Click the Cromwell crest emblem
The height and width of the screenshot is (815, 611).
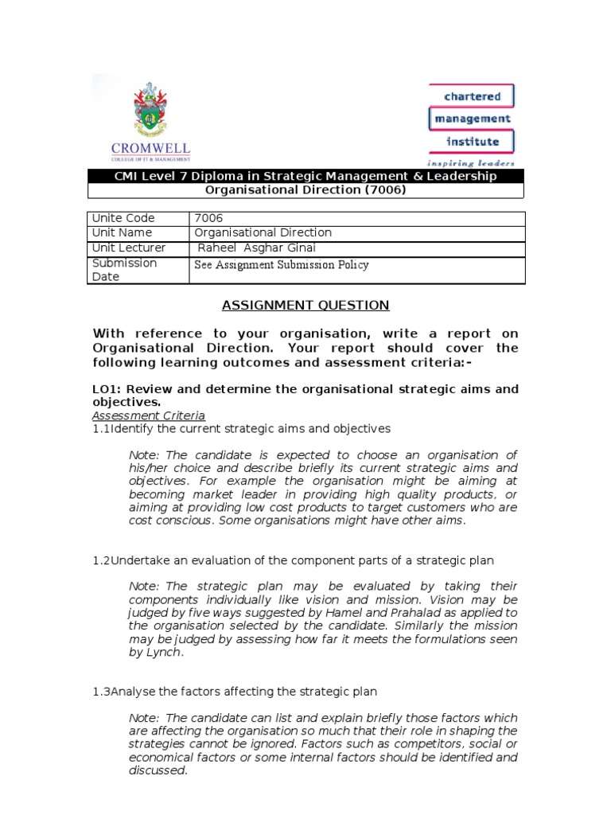150,111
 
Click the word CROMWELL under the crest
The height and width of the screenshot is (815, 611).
150,148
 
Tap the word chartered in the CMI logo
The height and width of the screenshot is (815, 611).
472,96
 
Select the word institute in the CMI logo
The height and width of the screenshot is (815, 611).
472,142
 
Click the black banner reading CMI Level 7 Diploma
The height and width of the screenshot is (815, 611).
305,176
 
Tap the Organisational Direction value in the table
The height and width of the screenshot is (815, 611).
263,232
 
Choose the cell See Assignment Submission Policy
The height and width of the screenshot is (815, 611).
282,265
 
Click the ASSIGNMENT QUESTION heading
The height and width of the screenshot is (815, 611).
305,305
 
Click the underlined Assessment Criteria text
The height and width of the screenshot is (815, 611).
149,415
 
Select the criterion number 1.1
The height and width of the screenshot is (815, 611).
101,429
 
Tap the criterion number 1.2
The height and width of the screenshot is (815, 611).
101,561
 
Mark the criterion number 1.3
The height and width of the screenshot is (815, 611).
101,692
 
